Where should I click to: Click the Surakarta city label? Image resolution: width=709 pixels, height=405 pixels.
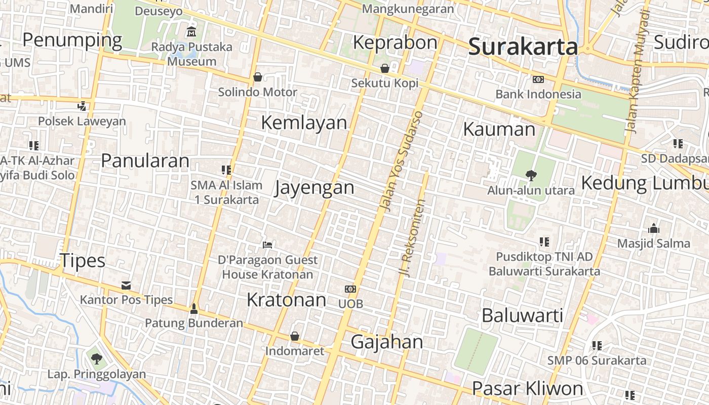point(523,47)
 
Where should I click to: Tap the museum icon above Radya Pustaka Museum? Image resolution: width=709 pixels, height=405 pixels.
point(191,31)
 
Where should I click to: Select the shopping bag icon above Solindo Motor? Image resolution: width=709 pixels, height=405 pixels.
point(258,77)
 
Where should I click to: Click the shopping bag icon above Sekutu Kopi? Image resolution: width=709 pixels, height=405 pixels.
point(385,68)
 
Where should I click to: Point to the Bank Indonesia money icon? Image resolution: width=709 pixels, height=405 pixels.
point(538,79)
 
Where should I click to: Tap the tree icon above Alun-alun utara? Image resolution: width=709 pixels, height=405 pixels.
point(531,176)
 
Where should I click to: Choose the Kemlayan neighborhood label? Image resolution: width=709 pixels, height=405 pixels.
point(304,123)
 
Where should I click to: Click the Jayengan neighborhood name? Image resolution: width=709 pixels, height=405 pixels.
point(314,188)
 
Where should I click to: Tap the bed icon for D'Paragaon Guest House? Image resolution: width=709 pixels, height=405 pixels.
point(267,245)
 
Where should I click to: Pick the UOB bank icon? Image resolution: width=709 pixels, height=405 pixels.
point(350,289)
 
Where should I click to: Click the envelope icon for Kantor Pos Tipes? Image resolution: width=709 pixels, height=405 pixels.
point(126,286)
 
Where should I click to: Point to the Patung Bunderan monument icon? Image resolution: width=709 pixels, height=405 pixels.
point(193,308)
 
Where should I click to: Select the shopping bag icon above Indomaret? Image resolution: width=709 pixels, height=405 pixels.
point(295,336)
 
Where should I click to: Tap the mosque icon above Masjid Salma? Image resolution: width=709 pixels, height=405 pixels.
point(653,228)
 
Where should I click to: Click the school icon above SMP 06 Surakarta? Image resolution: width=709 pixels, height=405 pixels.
point(597,346)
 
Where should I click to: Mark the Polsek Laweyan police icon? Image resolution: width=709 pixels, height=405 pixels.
point(82,106)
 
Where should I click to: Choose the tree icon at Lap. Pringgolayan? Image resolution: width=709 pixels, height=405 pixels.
point(96,359)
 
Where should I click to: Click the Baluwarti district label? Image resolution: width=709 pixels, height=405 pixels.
point(522,315)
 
